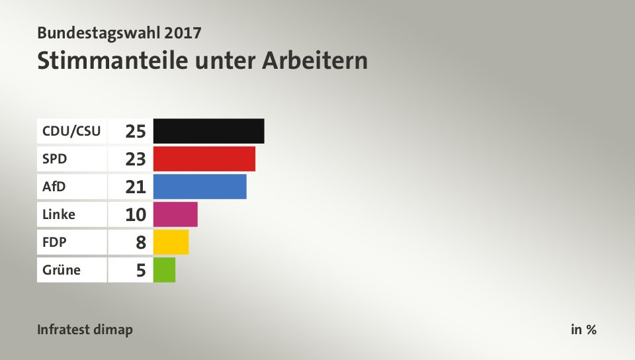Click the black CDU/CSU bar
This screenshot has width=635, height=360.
pyautogui.click(x=208, y=131)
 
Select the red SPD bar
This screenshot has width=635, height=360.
pyautogui.click(x=204, y=159)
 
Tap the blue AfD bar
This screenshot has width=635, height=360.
pyautogui.click(x=199, y=187)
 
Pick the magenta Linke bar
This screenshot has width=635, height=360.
pyautogui.click(x=175, y=214)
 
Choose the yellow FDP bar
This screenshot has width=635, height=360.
pyautogui.click(x=171, y=242)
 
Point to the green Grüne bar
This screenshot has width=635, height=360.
pyautogui.click(x=164, y=270)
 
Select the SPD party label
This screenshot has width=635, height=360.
pyautogui.click(x=54, y=159)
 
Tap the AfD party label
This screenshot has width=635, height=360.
pyautogui.click(x=54, y=187)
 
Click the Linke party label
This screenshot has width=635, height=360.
pyautogui.click(x=58, y=214)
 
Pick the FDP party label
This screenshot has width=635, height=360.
pyautogui.click(x=54, y=242)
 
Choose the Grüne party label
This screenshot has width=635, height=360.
pyautogui.click(x=61, y=270)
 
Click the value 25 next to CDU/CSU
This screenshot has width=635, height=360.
pyautogui.click(x=136, y=131)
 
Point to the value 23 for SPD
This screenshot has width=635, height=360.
pyautogui.click(x=136, y=159)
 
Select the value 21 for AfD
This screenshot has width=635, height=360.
pyautogui.click(x=136, y=187)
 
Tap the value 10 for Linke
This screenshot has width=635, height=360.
pyautogui.click(x=136, y=214)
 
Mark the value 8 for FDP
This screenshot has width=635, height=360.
pyautogui.click(x=140, y=242)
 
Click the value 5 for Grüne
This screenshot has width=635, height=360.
pyautogui.click(x=140, y=270)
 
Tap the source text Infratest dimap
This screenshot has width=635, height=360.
pyautogui.click(x=85, y=330)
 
